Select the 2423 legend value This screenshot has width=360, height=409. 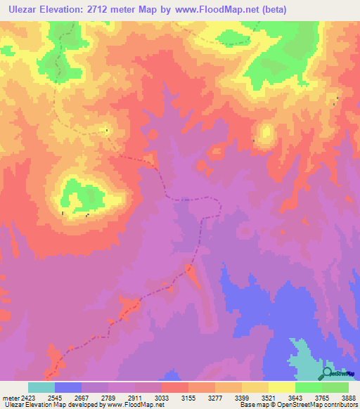[x=28, y=397]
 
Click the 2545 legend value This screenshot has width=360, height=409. [x=55, y=397]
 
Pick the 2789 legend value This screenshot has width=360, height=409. [x=108, y=397]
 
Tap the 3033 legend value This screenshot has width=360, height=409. [x=162, y=397]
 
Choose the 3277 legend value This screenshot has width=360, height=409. [x=215, y=397]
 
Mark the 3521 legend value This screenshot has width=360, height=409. [x=269, y=397]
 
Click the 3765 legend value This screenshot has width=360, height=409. [x=322, y=397]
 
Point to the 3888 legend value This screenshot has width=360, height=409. [x=347, y=397]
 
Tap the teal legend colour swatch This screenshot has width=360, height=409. [x=41, y=387]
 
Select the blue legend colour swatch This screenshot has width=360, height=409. [x=68, y=387]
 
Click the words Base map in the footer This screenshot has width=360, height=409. [x=251, y=405]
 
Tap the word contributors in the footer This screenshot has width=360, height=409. [x=339, y=405]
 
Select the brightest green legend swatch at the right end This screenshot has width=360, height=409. [x=335, y=387]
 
